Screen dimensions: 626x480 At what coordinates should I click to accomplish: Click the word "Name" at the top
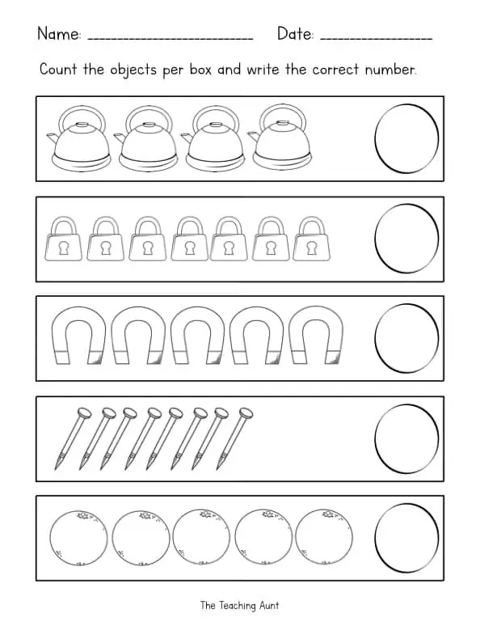coord(58,34)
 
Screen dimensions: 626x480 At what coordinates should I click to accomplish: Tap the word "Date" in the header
coord(294,34)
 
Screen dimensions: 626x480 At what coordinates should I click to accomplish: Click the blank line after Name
coord(169,39)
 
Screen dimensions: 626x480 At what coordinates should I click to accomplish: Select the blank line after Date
coord(376,39)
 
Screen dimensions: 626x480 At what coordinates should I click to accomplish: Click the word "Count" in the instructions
coord(58,70)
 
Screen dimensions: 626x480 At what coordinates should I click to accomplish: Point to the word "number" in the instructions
coord(390,70)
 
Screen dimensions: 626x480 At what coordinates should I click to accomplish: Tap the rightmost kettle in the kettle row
coord(280,139)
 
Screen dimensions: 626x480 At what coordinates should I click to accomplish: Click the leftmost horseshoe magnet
coord(79,338)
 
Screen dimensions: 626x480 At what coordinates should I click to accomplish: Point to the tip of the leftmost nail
coord(57,467)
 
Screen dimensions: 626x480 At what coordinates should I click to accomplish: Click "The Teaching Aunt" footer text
coord(240,605)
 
